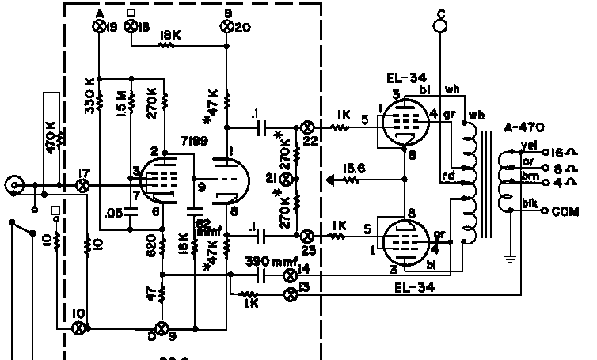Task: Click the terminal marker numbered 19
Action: (x=100, y=27)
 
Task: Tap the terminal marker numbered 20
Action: (x=227, y=27)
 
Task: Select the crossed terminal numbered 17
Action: (x=82, y=186)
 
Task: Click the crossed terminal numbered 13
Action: (x=290, y=294)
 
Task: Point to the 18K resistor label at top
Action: (x=169, y=36)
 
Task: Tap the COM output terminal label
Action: (x=566, y=212)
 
